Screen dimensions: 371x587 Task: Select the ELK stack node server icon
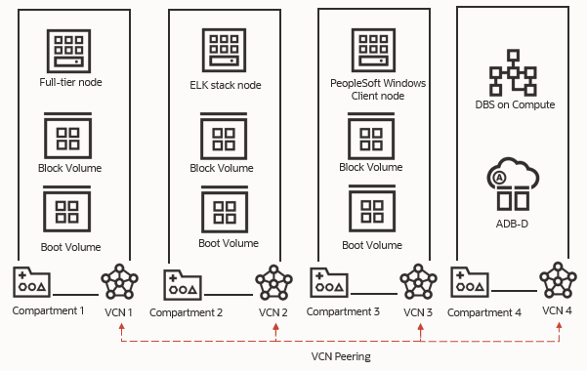pyautogui.click(x=224, y=50)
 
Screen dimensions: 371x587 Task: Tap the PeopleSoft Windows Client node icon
pyautogui.click(x=371, y=50)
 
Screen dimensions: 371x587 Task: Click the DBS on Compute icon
pyautogui.click(x=507, y=75)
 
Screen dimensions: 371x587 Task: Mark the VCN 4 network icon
pyautogui.click(x=558, y=281)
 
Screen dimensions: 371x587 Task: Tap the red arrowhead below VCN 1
pyautogui.click(x=120, y=325)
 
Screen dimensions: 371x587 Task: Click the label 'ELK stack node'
pyautogui.click(x=223, y=85)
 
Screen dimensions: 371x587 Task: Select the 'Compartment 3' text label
pyautogui.click(x=342, y=311)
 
